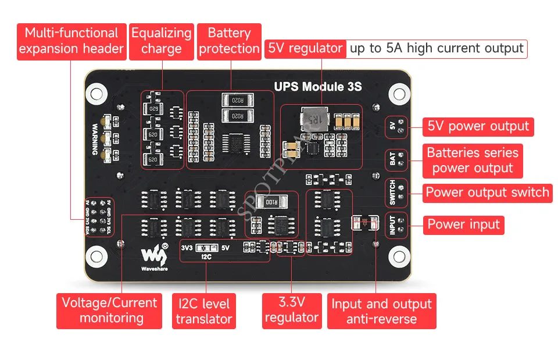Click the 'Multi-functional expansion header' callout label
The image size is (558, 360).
coord(71,41)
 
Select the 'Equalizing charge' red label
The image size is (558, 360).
coord(161,41)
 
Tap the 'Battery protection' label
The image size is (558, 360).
coord(229,41)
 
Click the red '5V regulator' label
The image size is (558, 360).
coord(305,48)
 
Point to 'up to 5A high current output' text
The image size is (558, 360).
coord(437,48)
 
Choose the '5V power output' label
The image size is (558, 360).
coord(478,126)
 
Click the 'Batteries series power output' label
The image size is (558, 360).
coord(472,161)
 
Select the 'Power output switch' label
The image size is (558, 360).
coord(487,193)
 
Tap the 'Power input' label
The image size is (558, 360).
coord(463,224)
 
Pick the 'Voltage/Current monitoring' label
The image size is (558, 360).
coord(110,310)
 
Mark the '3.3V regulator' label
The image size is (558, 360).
coord(291,309)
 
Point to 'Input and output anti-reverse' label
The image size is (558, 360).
coord(381,311)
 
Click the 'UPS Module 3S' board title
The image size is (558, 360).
coord(318,87)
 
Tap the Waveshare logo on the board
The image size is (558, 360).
coord(152,253)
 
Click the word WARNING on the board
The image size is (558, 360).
coord(95,139)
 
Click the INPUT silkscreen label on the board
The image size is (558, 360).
coord(392,224)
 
